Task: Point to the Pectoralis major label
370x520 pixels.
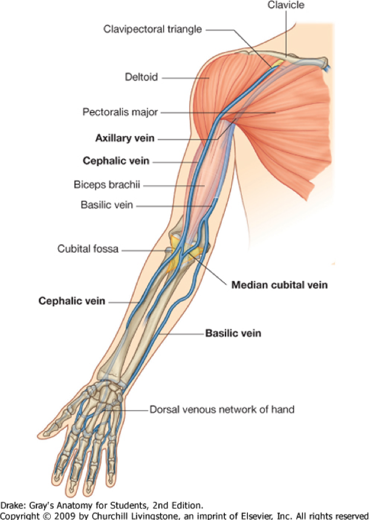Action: click(x=120, y=112)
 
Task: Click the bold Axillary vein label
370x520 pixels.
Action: click(x=125, y=138)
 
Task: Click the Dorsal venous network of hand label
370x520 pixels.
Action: click(x=221, y=409)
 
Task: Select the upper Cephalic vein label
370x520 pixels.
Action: click(x=115, y=161)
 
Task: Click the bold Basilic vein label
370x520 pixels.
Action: click(x=233, y=333)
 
